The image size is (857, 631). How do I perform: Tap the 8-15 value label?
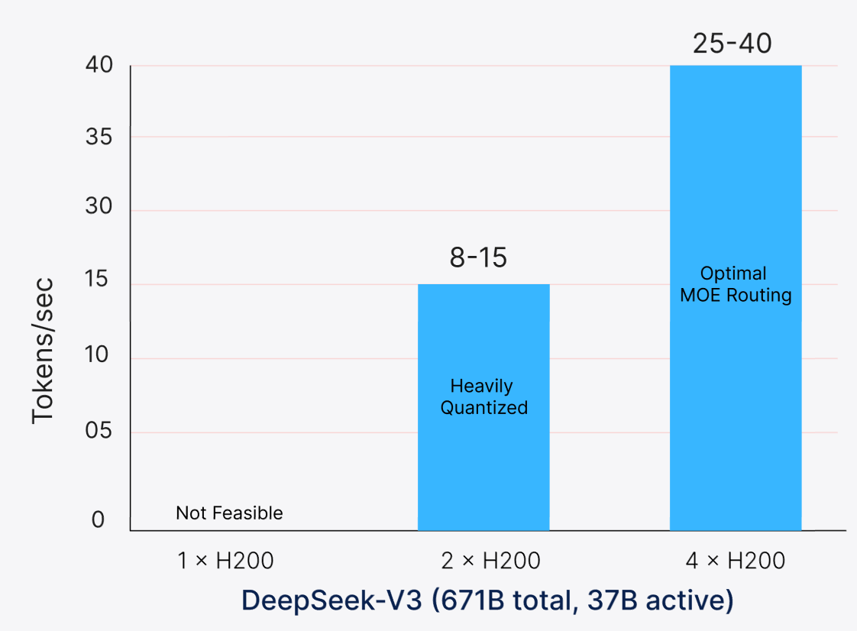pyautogui.click(x=478, y=258)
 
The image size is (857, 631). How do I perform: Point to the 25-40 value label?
pyautogui.click(x=732, y=43)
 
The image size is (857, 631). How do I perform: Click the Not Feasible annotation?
pyautogui.click(x=229, y=513)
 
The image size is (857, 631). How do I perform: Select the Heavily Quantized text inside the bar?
pyautogui.click(x=483, y=397)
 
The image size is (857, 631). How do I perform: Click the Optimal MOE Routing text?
pyautogui.click(x=736, y=284)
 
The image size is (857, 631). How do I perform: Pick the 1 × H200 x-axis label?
pyautogui.click(x=225, y=561)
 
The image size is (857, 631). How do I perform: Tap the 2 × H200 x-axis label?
pyautogui.click(x=490, y=561)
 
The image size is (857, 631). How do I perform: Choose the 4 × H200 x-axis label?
pyautogui.click(x=736, y=561)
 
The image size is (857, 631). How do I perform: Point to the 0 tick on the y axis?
pyautogui.click(x=98, y=520)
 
